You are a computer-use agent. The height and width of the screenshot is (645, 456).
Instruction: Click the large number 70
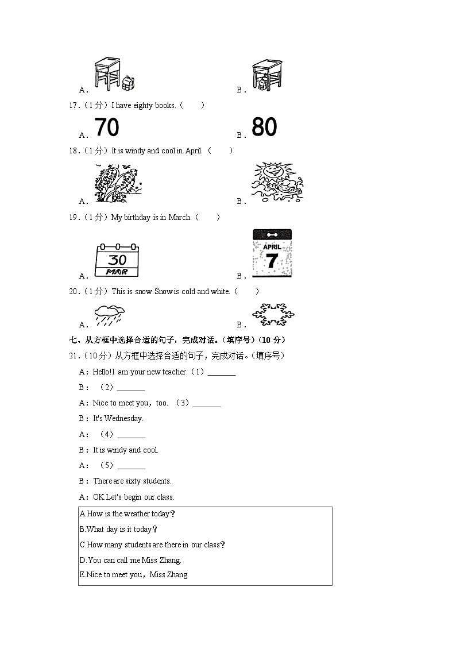point(106,127)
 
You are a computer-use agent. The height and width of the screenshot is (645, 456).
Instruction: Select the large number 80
point(264,127)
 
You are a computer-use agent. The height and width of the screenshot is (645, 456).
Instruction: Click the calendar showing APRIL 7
point(272,253)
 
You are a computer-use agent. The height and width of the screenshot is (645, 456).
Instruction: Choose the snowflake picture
point(273,314)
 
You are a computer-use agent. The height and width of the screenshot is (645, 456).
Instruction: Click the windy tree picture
point(118,183)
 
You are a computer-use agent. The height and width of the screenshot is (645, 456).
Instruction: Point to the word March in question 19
point(180,217)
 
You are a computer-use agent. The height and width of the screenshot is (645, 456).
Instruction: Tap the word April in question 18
point(193,151)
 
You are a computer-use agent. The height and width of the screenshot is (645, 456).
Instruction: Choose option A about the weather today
point(127,514)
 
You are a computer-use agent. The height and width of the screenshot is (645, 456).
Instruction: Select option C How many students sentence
point(152,544)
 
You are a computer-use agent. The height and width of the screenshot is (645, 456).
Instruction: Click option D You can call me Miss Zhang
point(130,560)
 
